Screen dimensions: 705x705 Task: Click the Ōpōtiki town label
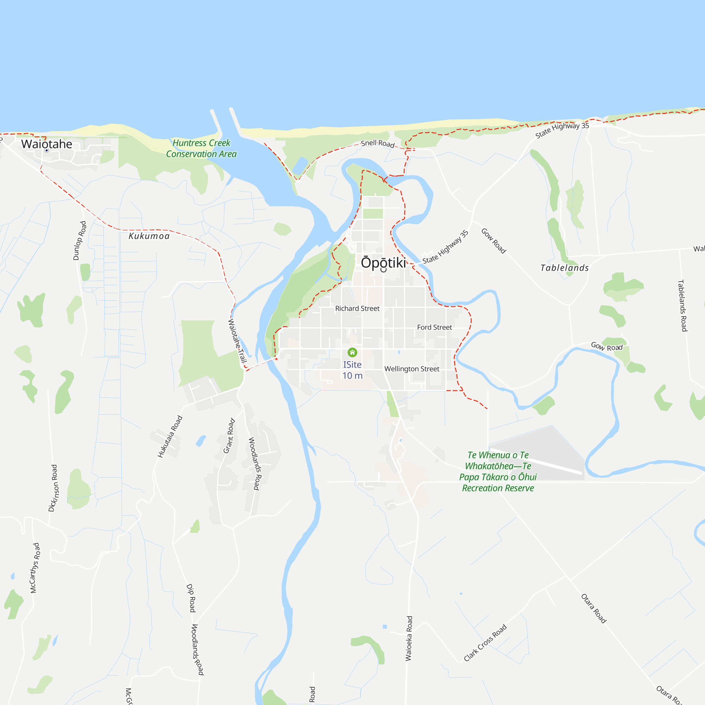tap(383, 263)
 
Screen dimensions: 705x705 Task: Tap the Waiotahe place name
tap(47, 144)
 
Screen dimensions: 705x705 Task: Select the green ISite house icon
tap(352, 352)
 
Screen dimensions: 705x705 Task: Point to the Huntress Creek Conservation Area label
tap(201, 148)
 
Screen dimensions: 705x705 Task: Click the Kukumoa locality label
tap(149, 236)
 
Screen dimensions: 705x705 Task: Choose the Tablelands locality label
tap(564, 268)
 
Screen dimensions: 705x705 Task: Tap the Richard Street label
tap(357, 308)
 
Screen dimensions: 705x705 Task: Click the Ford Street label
tap(434, 327)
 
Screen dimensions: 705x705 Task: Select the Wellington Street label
tap(412, 369)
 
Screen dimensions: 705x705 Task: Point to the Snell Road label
tap(378, 143)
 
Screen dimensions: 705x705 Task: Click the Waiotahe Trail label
tap(237, 341)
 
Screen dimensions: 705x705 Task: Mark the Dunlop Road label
tap(80, 240)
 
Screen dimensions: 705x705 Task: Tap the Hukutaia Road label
tap(170, 436)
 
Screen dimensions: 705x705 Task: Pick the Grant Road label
tap(229, 436)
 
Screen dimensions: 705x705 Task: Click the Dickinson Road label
tap(53, 488)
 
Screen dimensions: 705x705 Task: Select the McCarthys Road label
tap(35, 568)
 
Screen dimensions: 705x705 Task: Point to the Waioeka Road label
tap(409, 639)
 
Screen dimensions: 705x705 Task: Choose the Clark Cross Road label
tap(485, 643)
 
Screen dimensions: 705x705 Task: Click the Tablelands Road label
tap(682, 305)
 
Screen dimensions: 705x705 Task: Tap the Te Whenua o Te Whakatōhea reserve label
tap(498, 471)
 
